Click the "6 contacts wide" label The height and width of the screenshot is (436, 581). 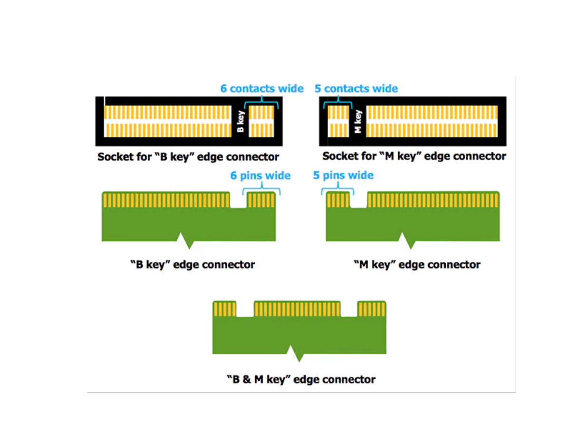point(261,89)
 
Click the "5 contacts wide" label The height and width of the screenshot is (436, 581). point(356,89)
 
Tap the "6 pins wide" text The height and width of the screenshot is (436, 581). point(260,176)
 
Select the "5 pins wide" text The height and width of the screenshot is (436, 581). point(343,176)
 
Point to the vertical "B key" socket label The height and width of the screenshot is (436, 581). point(241,121)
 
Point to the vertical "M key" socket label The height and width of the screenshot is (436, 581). point(359,121)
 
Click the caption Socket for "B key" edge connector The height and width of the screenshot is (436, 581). point(188,157)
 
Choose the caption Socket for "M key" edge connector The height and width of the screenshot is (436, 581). point(414,156)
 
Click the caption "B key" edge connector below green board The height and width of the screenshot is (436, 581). point(192,265)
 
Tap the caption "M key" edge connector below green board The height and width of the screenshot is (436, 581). point(417,265)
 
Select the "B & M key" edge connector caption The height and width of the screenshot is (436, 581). point(301,379)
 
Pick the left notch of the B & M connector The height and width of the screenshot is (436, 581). point(245,309)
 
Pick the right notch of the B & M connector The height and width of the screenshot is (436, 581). point(349,309)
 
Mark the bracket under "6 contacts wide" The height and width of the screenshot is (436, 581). point(261,102)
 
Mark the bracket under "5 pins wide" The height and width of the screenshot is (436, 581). point(338,189)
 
